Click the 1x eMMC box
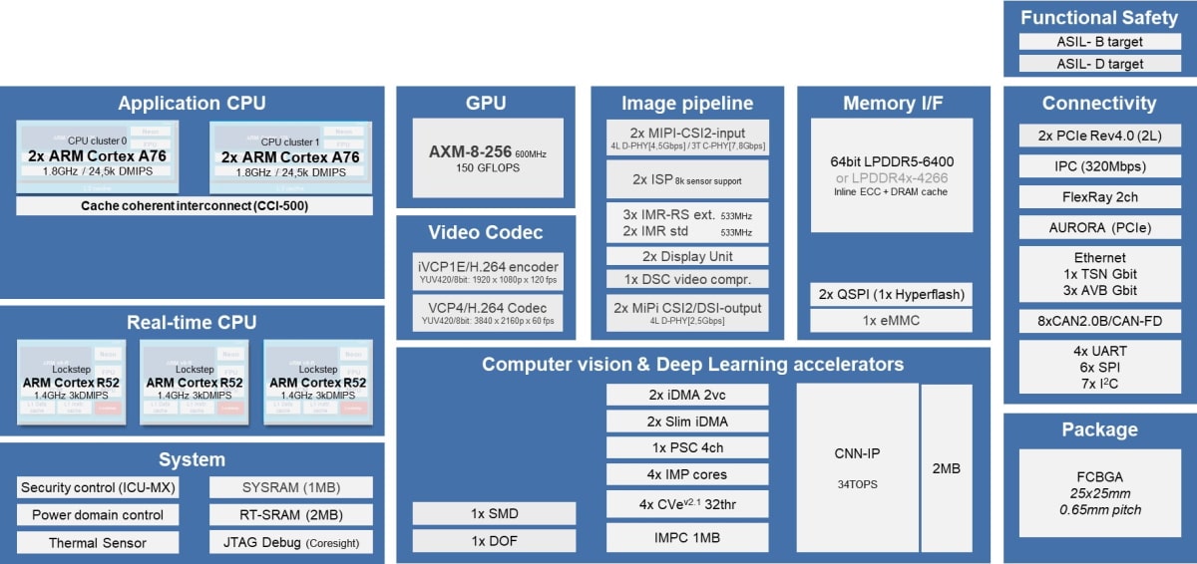point(891,321)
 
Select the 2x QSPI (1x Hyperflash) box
point(891,295)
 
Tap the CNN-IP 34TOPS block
point(857,466)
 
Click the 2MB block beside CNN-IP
point(946,466)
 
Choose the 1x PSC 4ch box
point(687,447)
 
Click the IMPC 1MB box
point(687,538)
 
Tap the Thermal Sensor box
point(98,543)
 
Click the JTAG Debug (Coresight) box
point(291,543)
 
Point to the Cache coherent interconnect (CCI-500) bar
point(195,205)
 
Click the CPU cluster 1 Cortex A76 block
point(290,156)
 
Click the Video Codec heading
point(486,232)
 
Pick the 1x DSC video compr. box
point(687,279)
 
